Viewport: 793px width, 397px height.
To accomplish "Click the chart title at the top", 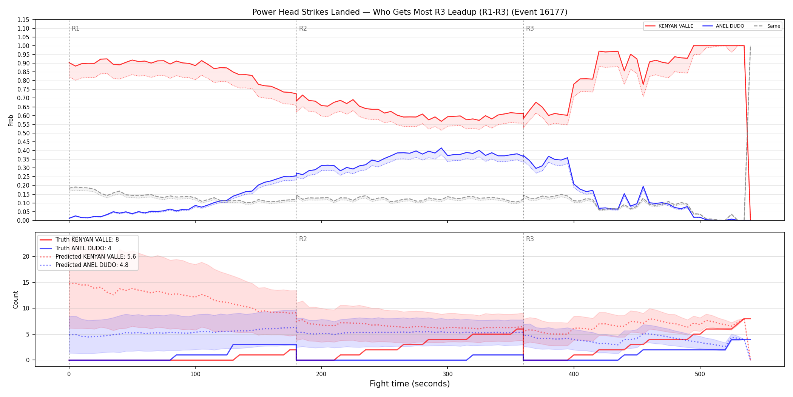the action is coord(410,12).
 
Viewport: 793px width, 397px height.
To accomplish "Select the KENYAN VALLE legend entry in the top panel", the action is coord(669,26).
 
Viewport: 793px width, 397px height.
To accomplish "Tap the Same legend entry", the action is coord(767,26).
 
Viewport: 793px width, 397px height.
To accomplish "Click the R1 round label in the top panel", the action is coord(76,28).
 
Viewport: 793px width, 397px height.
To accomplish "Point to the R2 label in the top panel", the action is coord(303,28).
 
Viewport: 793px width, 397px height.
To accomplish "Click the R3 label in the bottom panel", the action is coord(530,239).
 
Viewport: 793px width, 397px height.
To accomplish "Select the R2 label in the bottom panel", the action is coord(303,239).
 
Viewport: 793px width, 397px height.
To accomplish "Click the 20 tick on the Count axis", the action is coord(26,256).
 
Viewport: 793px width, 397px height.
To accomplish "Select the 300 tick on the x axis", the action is coord(447,374).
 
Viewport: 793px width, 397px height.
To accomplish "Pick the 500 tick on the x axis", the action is coord(700,374).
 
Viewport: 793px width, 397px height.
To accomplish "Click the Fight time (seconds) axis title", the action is coord(410,384).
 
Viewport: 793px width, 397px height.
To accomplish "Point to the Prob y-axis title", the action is coord(11,120).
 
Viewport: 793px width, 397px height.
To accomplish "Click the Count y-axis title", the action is coord(15,299).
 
